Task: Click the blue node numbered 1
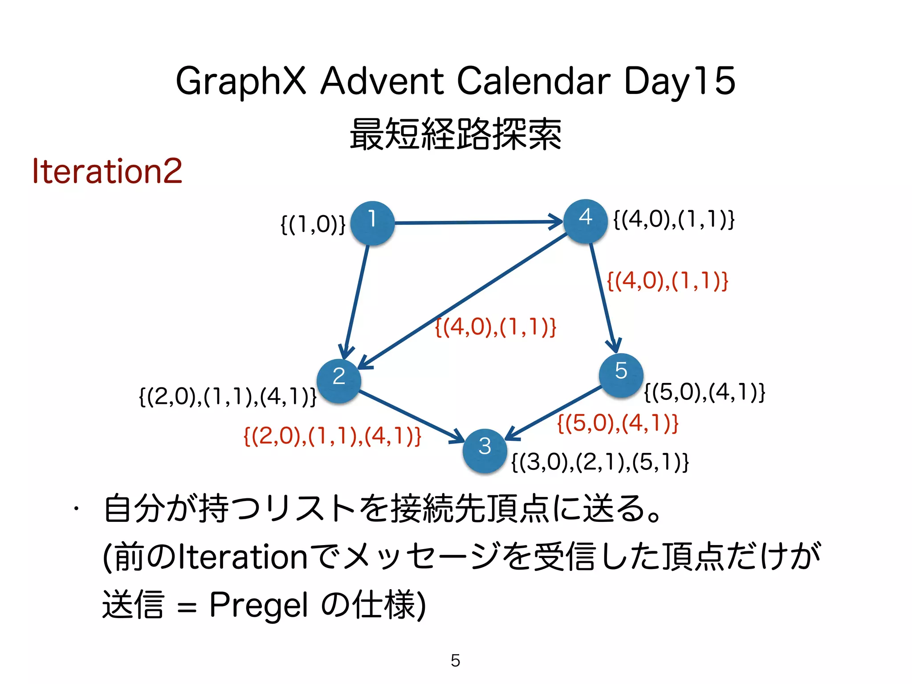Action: [x=372, y=223]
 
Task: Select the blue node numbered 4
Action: [x=585, y=221]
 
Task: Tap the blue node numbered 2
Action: [x=339, y=381]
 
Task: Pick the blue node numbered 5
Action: [x=621, y=375]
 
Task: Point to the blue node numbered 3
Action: [x=484, y=450]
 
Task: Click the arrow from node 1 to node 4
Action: [x=476, y=222]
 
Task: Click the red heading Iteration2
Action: [x=107, y=171]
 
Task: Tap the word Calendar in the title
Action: [x=533, y=81]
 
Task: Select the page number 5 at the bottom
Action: [x=455, y=660]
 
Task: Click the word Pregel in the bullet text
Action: [x=258, y=606]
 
